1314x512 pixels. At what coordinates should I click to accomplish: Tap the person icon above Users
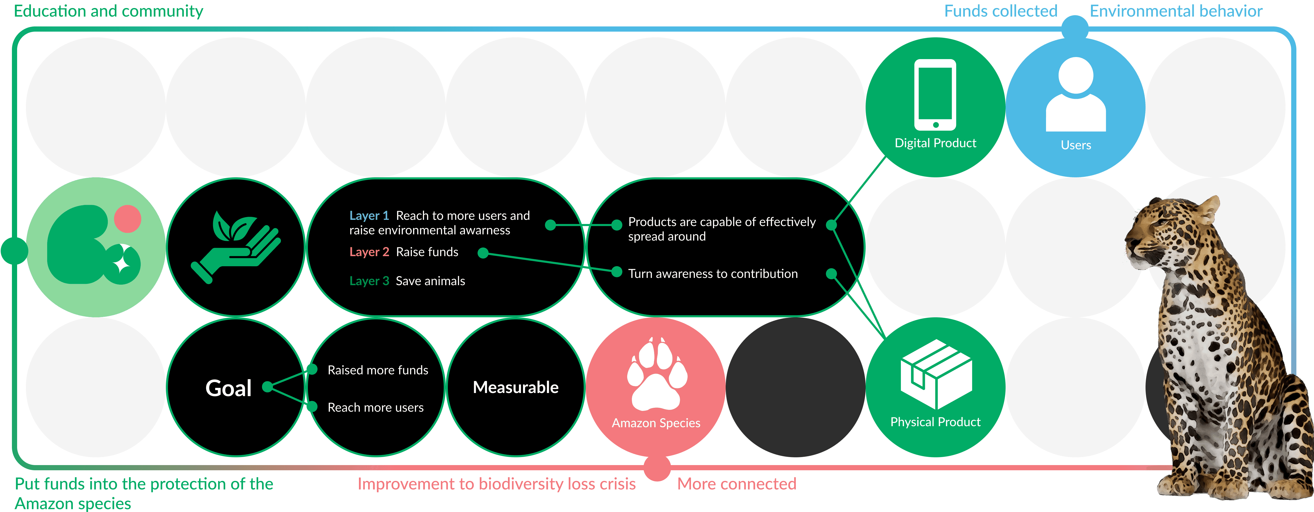[x=1076, y=95]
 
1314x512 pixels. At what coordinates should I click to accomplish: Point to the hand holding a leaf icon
[x=236, y=246]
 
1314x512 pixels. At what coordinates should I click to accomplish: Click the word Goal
[x=229, y=388]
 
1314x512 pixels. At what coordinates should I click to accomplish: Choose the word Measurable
[x=516, y=388]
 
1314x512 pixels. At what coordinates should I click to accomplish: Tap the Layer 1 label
[x=369, y=215]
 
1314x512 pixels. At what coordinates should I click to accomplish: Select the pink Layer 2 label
[x=369, y=252]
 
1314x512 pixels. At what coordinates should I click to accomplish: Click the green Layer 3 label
[x=369, y=281]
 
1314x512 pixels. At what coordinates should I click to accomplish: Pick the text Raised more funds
[x=377, y=370]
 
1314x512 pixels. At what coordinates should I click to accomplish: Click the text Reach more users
[x=376, y=407]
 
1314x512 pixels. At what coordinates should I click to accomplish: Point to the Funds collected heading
[x=1001, y=11]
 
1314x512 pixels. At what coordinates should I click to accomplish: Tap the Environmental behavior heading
[x=1176, y=11]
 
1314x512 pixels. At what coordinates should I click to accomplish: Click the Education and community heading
[x=108, y=11]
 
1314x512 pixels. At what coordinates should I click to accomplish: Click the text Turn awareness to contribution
[x=713, y=273]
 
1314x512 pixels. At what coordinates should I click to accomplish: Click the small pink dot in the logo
[x=128, y=219]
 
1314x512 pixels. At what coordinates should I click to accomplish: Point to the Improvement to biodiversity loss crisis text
[x=496, y=483]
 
